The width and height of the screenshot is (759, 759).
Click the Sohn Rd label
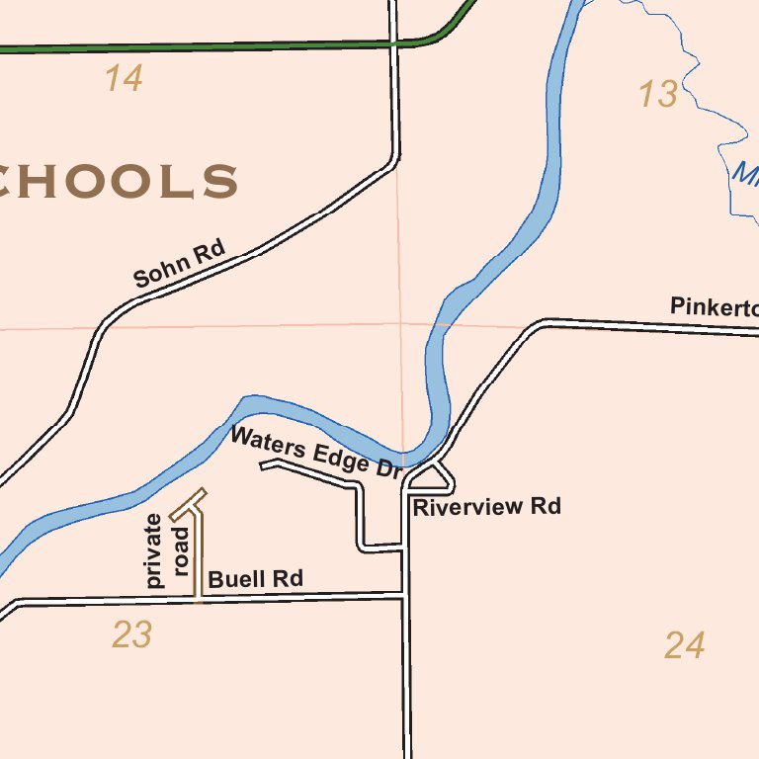(180, 265)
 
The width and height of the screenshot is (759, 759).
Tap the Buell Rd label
(255, 579)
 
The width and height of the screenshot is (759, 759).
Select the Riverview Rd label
(486, 507)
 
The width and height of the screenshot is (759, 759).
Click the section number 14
(125, 79)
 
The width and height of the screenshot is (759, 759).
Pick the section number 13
(658, 95)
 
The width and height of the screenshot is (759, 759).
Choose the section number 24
(684, 646)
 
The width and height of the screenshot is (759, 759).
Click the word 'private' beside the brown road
(154, 551)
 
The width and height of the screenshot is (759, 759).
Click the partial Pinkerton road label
(714, 307)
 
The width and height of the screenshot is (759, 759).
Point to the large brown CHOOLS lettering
(119, 183)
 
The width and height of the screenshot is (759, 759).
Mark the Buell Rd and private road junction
(199, 598)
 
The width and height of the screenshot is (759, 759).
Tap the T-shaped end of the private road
(188, 504)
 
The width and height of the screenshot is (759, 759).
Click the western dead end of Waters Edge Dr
(262, 465)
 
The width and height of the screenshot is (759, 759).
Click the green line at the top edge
(198, 45)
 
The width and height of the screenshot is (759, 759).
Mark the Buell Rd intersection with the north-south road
(406, 595)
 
